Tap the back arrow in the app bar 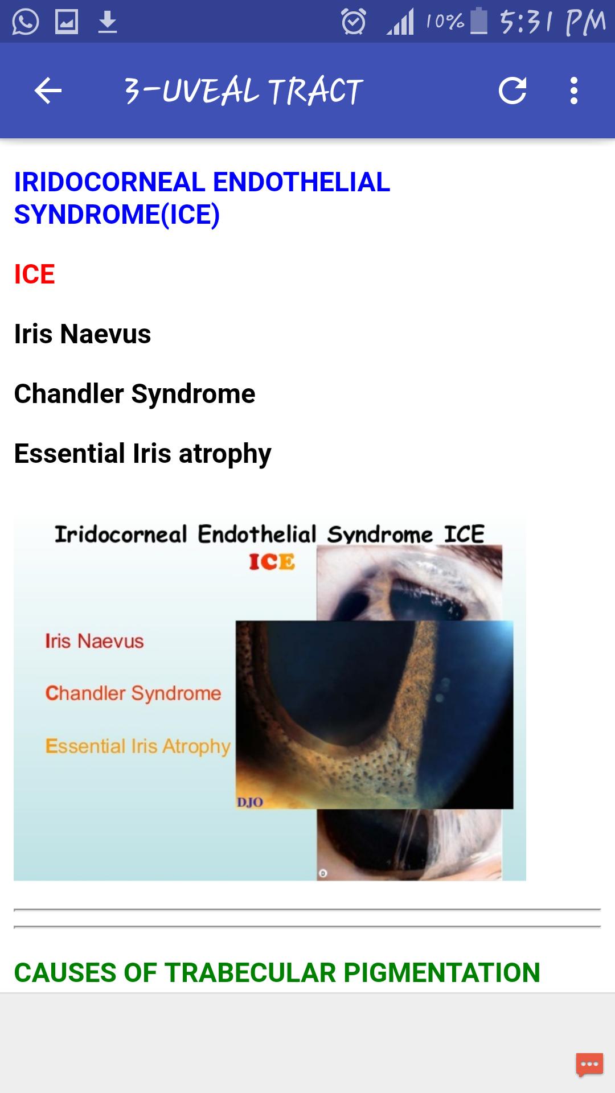[x=48, y=91]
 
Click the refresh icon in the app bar [x=512, y=91]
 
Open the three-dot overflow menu [x=574, y=91]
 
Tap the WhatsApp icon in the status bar [x=25, y=22]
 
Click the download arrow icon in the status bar [x=108, y=22]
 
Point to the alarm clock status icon [x=353, y=22]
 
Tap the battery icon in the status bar [x=479, y=20]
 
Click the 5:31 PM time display [x=552, y=22]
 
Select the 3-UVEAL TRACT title [x=243, y=91]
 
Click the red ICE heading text [x=34, y=274]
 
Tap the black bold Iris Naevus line [x=83, y=334]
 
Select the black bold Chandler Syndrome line [x=134, y=394]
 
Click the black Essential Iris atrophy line [x=142, y=454]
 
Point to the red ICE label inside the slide [x=272, y=562]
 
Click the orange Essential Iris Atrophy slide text [x=138, y=746]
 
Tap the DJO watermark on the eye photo [x=249, y=803]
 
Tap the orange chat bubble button [x=589, y=1065]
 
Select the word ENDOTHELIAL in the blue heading [x=301, y=182]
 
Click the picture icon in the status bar [x=66, y=22]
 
